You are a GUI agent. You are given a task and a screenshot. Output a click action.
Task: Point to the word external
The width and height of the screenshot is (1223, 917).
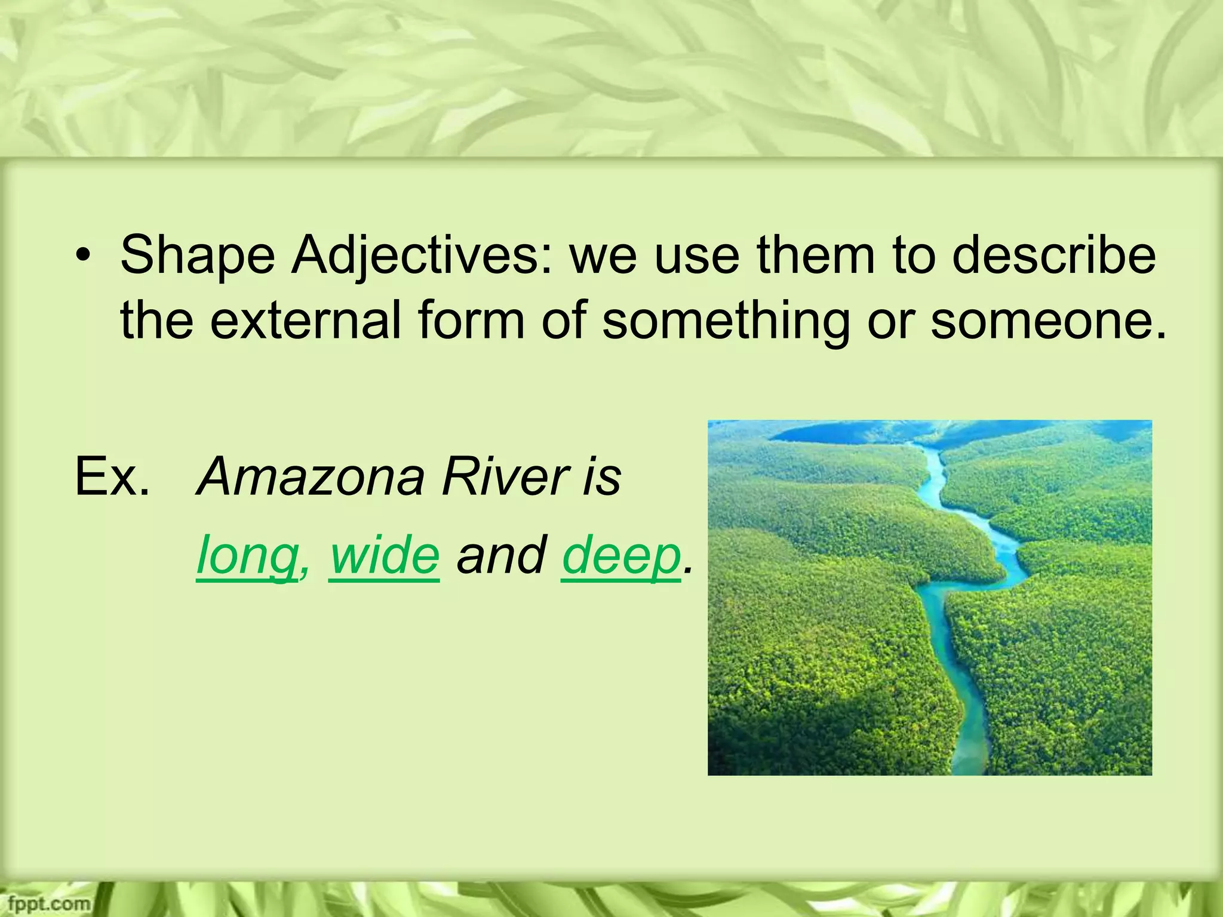pyautogui.click(x=305, y=321)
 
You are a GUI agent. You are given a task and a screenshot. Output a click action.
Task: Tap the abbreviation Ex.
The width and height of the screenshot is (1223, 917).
pyautogui.click(x=112, y=476)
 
